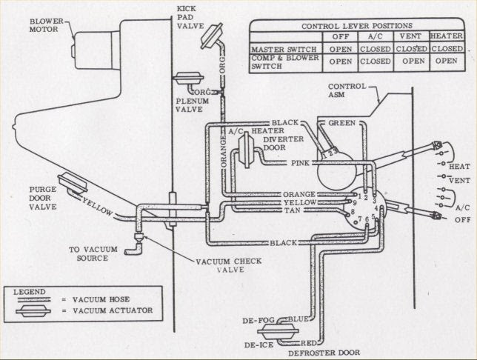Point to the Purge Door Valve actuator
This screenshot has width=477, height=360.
point(73,182)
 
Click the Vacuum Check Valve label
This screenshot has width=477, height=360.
point(229,266)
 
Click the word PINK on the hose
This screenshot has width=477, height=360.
point(300,162)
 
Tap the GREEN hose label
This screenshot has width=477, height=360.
point(343,122)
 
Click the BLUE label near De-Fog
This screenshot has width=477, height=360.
point(299,319)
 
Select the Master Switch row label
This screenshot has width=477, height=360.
point(284,49)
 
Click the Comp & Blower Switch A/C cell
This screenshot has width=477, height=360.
point(375,62)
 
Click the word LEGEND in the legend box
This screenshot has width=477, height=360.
point(29,291)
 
